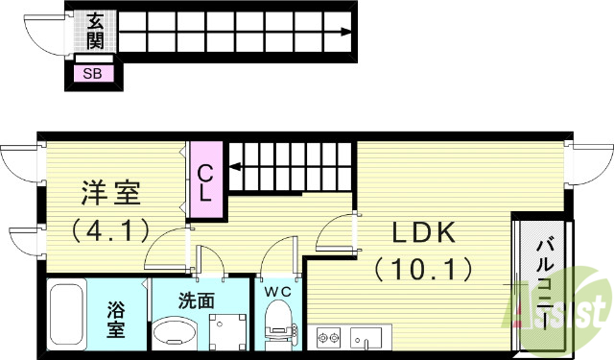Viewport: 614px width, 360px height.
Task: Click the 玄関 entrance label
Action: [96, 30]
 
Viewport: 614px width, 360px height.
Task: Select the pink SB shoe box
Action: [93, 73]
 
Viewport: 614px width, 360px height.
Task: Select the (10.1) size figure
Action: [422, 267]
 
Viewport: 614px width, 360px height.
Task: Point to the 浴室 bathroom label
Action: [116, 320]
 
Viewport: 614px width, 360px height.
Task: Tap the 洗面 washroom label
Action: [197, 299]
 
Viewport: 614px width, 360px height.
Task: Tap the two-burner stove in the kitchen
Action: [330, 337]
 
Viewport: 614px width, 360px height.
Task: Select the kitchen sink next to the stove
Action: [366, 337]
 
